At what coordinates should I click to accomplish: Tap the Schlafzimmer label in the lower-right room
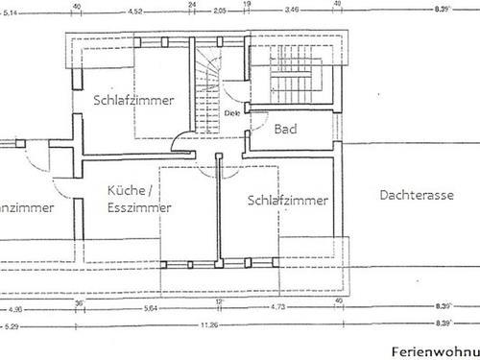pos(287,201)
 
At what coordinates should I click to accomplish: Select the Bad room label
pos(285,129)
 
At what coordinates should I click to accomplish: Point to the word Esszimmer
pos(140,207)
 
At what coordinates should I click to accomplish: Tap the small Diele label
pos(231,112)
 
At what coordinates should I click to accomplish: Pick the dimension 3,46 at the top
pos(292,12)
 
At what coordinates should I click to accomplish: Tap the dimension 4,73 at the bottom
pos(278,309)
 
